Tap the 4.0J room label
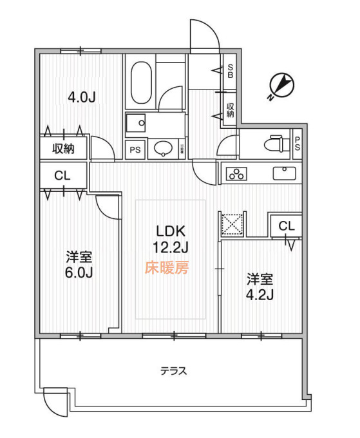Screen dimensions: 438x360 coord(82,98)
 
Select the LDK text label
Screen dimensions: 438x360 coord(171,231)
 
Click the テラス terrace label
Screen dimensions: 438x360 coord(174,371)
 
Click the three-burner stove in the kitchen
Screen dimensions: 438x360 coord(235,174)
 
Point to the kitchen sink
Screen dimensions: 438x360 coord(283,173)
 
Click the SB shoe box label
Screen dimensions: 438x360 coord(230,71)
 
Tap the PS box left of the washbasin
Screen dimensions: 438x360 coord(135,150)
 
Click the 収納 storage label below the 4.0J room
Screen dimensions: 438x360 coord(63,148)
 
